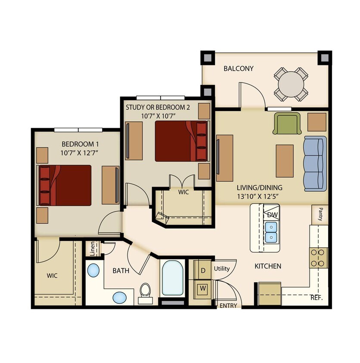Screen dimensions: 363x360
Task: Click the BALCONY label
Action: (238, 68)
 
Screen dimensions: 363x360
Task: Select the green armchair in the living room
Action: (286, 123)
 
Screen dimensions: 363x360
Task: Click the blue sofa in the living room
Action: (315, 163)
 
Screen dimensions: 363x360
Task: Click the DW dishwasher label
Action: (272, 215)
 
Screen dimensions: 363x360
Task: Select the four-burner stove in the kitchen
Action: (318, 258)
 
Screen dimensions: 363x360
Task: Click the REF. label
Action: (317, 298)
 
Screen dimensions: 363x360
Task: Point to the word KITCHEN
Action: (268, 266)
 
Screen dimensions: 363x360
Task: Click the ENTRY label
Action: (228, 305)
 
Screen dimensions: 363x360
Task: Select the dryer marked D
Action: (203, 271)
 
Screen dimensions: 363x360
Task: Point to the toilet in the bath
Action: (145, 291)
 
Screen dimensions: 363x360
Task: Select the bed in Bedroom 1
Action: (65, 185)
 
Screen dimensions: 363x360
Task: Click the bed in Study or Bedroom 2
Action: (180, 141)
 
